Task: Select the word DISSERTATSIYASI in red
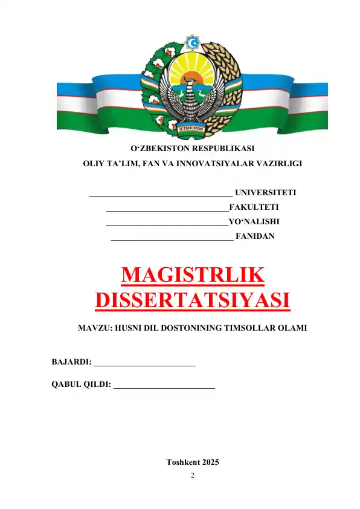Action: click(192, 300)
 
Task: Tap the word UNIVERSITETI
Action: click(265, 193)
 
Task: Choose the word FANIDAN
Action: click(254, 236)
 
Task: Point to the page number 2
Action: click(192, 476)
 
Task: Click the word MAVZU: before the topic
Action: click(94, 328)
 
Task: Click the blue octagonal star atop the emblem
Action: click(193, 43)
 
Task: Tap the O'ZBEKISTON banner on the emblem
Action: click(192, 128)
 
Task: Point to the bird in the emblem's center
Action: click(192, 100)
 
